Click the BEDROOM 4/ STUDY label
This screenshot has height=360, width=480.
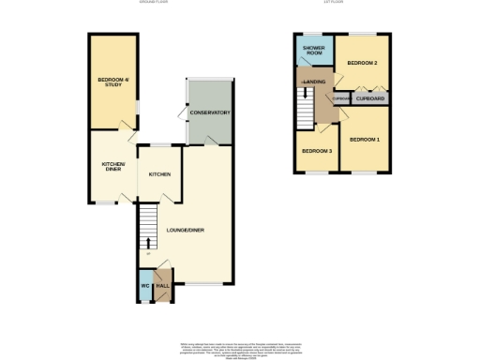point(112,82)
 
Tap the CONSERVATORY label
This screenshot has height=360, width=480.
point(210,113)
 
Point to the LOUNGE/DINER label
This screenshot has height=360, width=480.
point(185,230)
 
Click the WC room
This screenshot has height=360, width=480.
point(144,287)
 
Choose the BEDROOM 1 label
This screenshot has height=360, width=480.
point(366,140)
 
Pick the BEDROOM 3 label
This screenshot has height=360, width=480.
point(316,151)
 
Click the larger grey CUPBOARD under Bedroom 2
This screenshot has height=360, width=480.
point(371,97)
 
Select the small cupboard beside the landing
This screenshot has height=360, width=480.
point(341,97)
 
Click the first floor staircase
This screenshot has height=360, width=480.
point(305,105)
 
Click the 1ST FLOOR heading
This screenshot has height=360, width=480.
point(337,4)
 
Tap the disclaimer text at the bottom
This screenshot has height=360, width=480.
point(239,348)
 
